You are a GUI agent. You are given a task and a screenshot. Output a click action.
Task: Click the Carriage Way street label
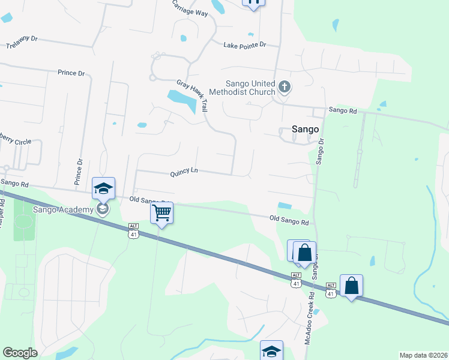(190, 8)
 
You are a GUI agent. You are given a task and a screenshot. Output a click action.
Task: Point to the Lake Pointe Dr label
(244, 45)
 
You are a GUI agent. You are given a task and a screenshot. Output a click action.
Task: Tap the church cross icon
(285, 88)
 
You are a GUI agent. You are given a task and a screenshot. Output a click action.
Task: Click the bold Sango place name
(304, 128)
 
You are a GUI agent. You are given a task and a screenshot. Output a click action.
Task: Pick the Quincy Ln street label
(184, 172)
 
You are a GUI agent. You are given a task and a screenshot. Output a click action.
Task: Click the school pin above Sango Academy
(103, 188)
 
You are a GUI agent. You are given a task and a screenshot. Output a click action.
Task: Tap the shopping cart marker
(161, 212)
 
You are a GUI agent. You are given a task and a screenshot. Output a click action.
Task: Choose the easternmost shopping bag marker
(351, 286)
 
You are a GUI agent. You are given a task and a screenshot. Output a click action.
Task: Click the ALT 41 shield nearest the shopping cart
(133, 230)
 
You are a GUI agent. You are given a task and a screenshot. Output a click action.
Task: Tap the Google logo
(20, 353)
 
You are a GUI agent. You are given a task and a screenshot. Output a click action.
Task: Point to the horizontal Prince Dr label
(71, 73)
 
